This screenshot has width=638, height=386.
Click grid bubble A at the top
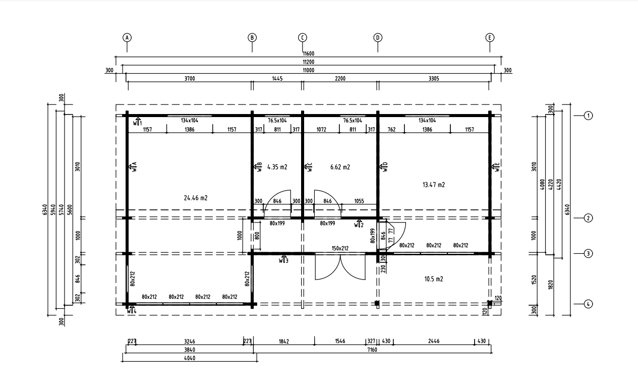127,38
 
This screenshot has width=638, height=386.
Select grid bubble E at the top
490,38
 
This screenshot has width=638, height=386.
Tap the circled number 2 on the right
588,218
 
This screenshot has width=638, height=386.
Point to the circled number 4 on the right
588,304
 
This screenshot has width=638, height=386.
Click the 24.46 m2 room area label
196,198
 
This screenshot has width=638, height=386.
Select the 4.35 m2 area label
277,167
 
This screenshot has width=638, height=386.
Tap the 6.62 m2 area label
340,167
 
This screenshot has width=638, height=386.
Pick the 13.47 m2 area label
434,185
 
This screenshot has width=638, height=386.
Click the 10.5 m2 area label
434,279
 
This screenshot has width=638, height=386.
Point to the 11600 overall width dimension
309,53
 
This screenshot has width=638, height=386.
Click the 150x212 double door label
340,248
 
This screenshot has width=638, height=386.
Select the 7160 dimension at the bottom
372,350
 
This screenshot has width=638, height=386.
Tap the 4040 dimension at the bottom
190,358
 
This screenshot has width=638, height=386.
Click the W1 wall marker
137,122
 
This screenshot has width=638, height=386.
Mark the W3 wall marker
283,259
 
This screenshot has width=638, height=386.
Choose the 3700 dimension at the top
190,79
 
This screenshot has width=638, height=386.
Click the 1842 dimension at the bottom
284,341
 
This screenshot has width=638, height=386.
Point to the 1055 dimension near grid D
359,201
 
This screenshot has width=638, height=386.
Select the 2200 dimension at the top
340,79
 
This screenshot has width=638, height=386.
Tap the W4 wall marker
132,310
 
